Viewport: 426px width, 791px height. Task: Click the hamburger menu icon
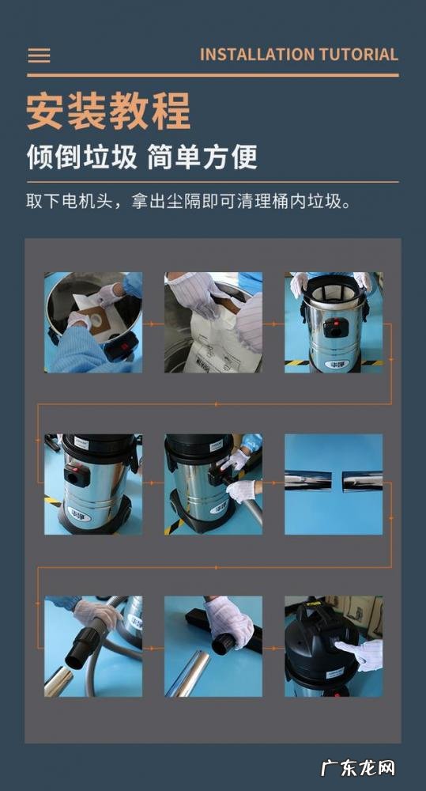pyautogui.click(x=39, y=55)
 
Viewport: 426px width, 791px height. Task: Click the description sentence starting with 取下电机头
pyautogui.click(x=188, y=201)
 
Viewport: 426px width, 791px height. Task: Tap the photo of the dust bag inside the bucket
pyautogui.click(x=93, y=322)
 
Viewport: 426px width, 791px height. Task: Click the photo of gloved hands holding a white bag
pyautogui.click(x=213, y=322)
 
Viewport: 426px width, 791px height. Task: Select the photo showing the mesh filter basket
pyautogui.click(x=334, y=322)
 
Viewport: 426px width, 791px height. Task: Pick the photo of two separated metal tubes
pyautogui.click(x=334, y=483)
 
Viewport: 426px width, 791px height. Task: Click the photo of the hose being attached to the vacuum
pyautogui.click(x=213, y=483)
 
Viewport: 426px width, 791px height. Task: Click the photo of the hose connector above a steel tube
pyautogui.click(x=93, y=645)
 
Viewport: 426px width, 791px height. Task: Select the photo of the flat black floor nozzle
pyautogui.click(x=213, y=645)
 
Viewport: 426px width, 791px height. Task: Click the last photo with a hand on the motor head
pyautogui.click(x=334, y=645)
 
